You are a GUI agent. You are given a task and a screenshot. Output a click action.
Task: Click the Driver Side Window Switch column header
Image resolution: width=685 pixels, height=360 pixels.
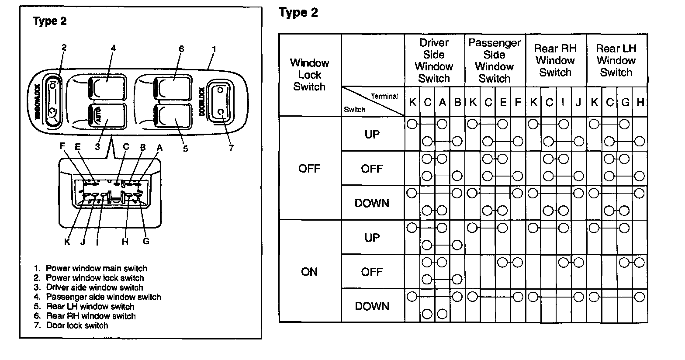coord(434,61)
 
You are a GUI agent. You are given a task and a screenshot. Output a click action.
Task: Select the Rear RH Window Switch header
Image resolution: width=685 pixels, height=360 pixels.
coord(555,61)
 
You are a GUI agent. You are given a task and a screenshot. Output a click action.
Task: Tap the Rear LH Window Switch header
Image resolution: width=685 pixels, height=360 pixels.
coord(616,61)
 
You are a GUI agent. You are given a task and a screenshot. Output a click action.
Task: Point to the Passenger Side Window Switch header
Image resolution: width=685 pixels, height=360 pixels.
coord(495,61)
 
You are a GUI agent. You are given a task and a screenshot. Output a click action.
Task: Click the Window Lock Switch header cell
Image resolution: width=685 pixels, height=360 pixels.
coord(309,75)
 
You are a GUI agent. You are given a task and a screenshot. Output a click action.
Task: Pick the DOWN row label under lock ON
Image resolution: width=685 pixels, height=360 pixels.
coord(372,306)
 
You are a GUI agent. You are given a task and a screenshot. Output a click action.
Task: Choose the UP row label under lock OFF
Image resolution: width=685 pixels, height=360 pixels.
coord(372,135)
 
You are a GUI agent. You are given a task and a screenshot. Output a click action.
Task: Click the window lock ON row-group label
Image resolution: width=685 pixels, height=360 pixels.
coord(309,272)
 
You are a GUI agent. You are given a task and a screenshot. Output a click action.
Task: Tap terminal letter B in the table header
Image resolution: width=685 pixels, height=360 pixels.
coord(457,103)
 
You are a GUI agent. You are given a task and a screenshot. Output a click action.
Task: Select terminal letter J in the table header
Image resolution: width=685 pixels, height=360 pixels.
coord(578,103)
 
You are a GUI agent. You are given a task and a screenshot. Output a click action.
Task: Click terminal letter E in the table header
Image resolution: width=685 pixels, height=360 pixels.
coord(503,103)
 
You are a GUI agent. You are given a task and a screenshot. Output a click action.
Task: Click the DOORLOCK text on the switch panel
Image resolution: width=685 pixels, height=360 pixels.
coord(202,101)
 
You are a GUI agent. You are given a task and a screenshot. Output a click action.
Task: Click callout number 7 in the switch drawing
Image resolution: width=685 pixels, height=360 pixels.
coord(231,148)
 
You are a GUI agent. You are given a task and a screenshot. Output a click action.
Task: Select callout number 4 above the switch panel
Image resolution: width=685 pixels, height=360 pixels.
coord(113,48)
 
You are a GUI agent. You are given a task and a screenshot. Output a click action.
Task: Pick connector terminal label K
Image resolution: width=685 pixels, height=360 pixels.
coord(67,242)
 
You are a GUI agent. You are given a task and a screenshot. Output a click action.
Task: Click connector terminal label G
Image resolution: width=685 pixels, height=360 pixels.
coord(146,241)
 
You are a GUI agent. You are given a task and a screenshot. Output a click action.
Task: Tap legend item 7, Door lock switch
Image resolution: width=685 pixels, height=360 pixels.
coord(71,325)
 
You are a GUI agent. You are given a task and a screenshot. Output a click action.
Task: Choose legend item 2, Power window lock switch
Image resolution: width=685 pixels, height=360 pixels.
coord(89,278)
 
